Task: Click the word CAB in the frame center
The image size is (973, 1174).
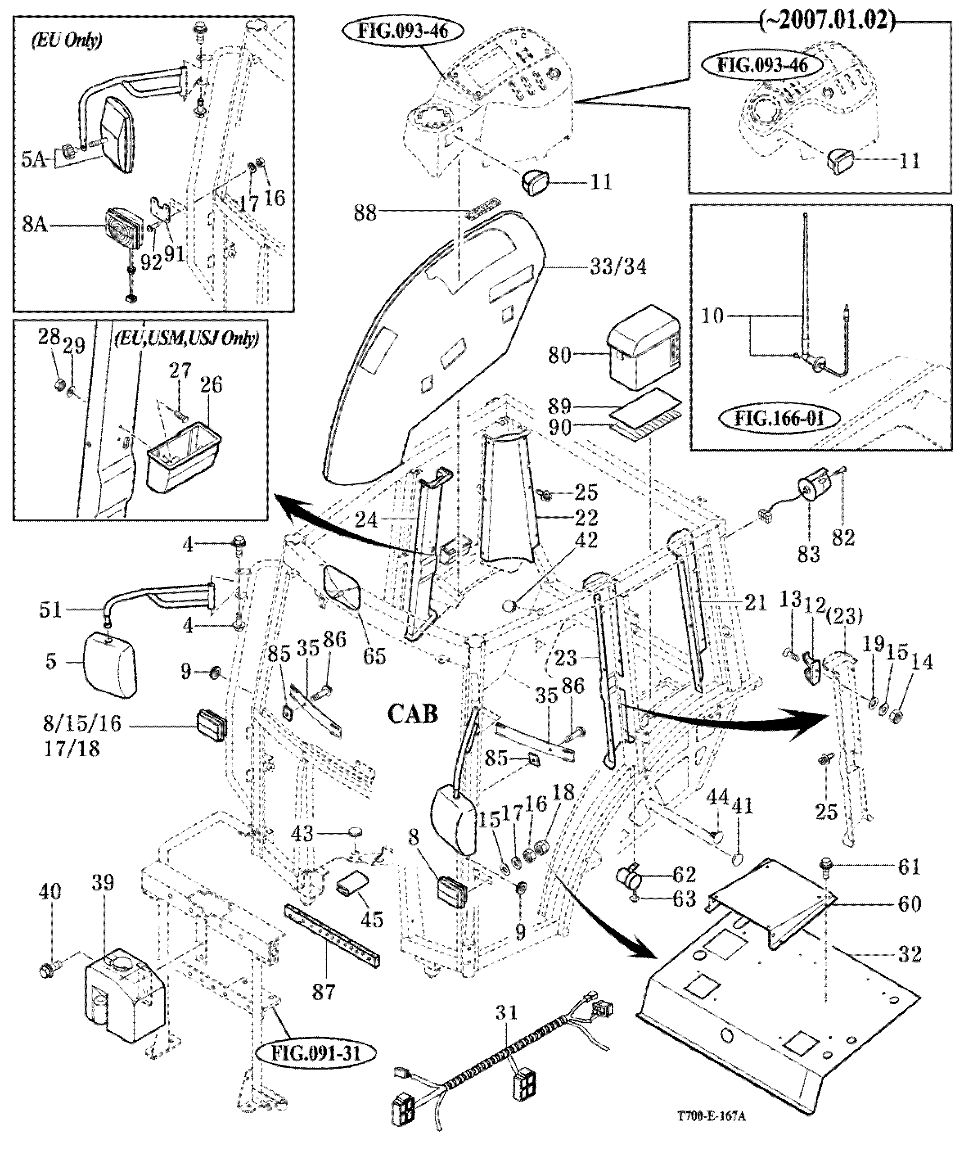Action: [x=413, y=714]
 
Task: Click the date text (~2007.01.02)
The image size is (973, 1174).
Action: [x=827, y=20]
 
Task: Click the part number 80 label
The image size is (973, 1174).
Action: [x=559, y=354]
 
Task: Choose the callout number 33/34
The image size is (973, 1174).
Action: [x=618, y=266]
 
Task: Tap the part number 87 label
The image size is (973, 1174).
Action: [x=324, y=991]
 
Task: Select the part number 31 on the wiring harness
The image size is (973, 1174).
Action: [x=506, y=1012]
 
